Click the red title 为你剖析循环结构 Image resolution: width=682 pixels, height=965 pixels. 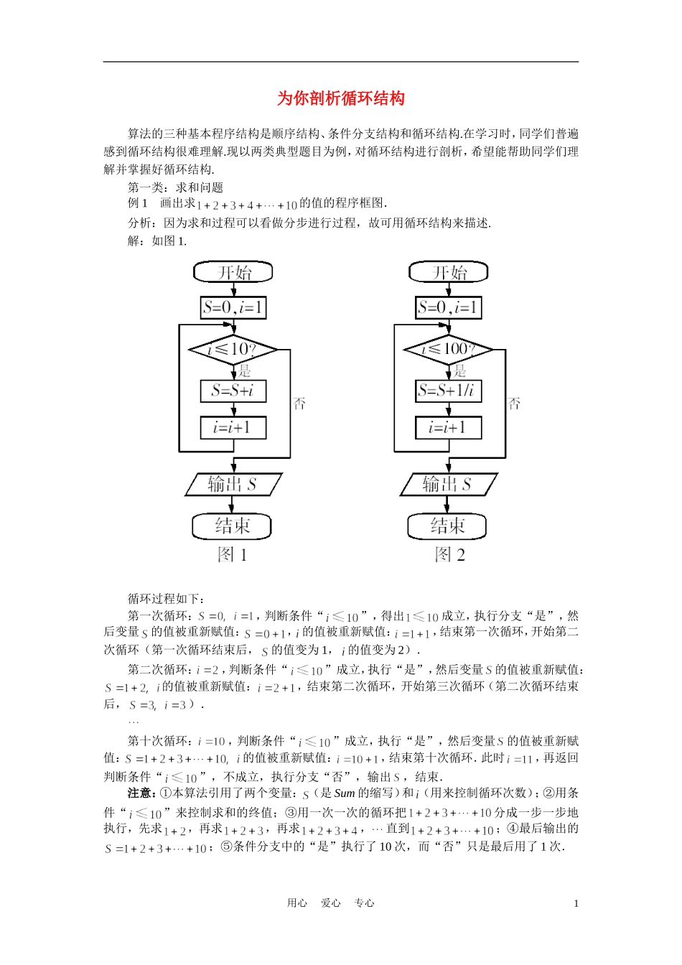pyautogui.click(x=341, y=98)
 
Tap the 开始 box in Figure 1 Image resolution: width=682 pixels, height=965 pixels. pyautogui.click(x=233, y=272)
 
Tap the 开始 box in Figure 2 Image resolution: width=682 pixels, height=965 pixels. pyautogui.click(x=449, y=272)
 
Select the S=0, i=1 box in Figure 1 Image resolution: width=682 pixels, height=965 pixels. pyautogui.click(x=233, y=307)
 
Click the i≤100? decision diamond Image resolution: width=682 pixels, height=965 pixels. pyautogui.click(x=449, y=350)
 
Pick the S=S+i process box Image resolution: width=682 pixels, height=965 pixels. pyautogui.click(x=233, y=391)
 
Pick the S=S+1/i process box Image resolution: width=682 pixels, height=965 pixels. pyautogui.click(x=449, y=391)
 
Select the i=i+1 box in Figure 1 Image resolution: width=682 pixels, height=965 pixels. pyautogui.click(x=233, y=427)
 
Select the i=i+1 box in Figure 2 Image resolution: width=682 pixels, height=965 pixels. pyautogui.click(x=449, y=427)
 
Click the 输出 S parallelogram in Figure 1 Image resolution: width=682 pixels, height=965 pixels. pyautogui.click(x=233, y=484)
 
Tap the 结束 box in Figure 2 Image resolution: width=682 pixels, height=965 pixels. pyautogui.click(x=447, y=526)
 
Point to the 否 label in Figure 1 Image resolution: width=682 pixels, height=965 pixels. pyautogui.click(x=299, y=404)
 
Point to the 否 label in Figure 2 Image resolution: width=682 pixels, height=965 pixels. pyautogui.click(x=515, y=404)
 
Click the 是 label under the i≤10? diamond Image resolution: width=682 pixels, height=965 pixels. pyautogui.click(x=245, y=371)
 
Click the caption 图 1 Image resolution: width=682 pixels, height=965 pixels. pyautogui.click(x=233, y=554)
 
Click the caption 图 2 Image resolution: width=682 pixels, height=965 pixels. pyautogui.click(x=450, y=554)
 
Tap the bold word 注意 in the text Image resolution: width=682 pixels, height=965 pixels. pyautogui.click(x=139, y=793)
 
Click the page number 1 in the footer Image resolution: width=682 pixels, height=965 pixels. pyautogui.click(x=576, y=903)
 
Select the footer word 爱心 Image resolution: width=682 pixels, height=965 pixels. pyautogui.click(x=331, y=903)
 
